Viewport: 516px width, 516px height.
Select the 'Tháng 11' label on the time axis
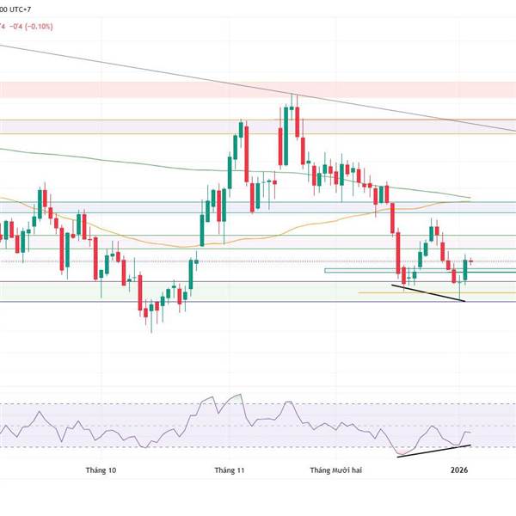(x=230, y=470)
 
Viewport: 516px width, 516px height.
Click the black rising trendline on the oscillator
(x=434, y=451)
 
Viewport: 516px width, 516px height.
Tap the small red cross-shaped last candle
(x=470, y=261)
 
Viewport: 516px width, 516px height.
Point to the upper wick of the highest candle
(x=293, y=99)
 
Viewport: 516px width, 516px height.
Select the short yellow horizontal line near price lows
(x=404, y=292)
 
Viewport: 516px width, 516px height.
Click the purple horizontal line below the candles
(x=258, y=301)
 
